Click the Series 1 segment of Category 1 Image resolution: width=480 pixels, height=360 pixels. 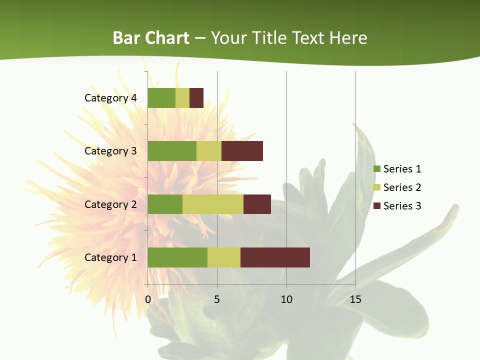(x=177, y=257)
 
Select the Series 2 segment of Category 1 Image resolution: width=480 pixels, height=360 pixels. (x=224, y=257)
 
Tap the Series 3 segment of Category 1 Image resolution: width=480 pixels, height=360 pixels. (x=275, y=257)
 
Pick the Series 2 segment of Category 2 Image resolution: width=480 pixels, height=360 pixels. (x=213, y=204)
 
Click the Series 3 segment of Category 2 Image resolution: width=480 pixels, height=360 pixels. (x=257, y=204)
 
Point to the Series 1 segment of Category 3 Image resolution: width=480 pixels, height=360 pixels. (x=172, y=151)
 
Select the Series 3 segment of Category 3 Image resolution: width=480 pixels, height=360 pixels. (x=242, y=151)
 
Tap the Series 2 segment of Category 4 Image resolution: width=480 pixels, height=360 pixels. (x=182, y=98)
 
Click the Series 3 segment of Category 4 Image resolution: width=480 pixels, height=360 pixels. (x=196, y=98)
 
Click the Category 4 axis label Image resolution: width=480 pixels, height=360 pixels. (x=110, y=98)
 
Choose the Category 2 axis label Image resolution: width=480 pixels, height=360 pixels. (x=110, y=204)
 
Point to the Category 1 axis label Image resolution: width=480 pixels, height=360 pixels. (x=110, y=257)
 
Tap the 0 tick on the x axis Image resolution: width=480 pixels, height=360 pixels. (x=148, y=299)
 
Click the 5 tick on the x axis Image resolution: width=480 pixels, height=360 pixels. (x=217, y=299)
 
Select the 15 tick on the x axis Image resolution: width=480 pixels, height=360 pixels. (x=355, y=299)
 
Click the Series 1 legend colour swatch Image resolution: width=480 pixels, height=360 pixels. (x=377, y=169)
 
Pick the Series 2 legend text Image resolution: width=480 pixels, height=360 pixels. (x=402, y=187)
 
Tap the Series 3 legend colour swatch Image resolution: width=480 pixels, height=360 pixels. (x=377, y=206)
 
